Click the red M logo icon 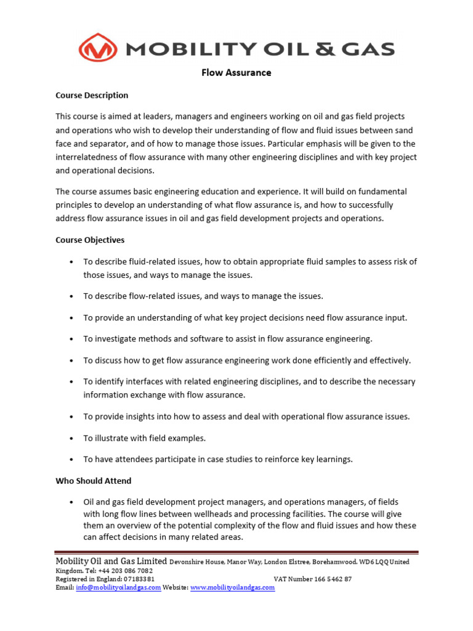coord(99,49)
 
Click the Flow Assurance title coord(236,73)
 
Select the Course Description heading coord(92,96)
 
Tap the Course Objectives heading coord(90,240)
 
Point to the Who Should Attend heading coord(94,481)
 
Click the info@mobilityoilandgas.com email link coord(118,588)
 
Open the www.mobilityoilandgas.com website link coord(232,588)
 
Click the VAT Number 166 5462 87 coord(313,579)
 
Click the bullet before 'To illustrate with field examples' coord(73,438)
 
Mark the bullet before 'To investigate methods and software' coord(73,339)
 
